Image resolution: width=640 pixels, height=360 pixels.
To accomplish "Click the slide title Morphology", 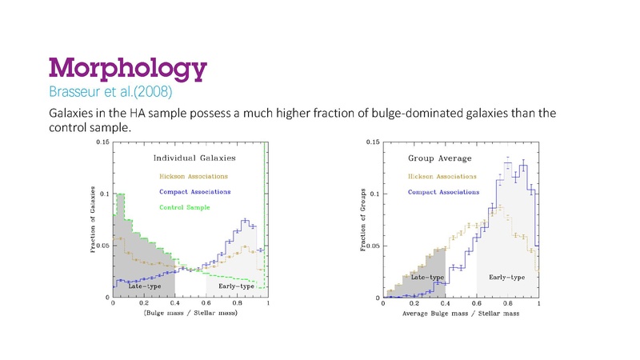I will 129,66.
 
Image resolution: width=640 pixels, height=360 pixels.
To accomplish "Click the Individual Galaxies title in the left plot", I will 191,158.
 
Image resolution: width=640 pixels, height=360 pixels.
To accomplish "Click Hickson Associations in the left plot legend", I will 193,175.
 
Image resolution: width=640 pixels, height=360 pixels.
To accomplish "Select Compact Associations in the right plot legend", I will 444,192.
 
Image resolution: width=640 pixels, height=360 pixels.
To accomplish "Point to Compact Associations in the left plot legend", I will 196,191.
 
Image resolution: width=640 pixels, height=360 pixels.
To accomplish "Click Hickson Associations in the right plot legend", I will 445,175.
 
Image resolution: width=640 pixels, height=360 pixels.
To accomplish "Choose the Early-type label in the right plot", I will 506,278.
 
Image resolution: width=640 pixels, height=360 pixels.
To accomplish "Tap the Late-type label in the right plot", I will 424,278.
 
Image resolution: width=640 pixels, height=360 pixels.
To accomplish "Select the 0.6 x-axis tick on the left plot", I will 206,304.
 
